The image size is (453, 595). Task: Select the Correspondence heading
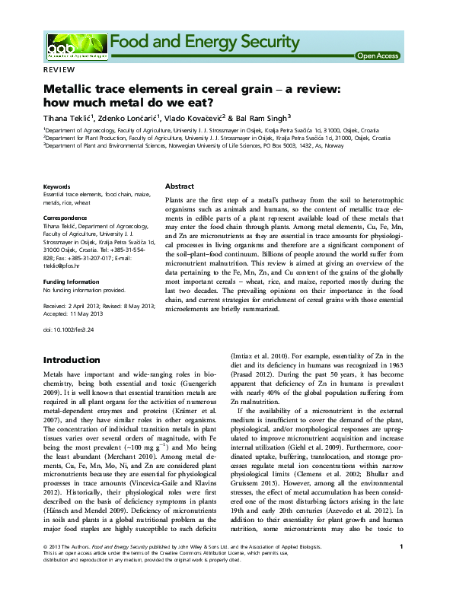tap(65, 218)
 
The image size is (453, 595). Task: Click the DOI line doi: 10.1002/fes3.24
tap(69, 329)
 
